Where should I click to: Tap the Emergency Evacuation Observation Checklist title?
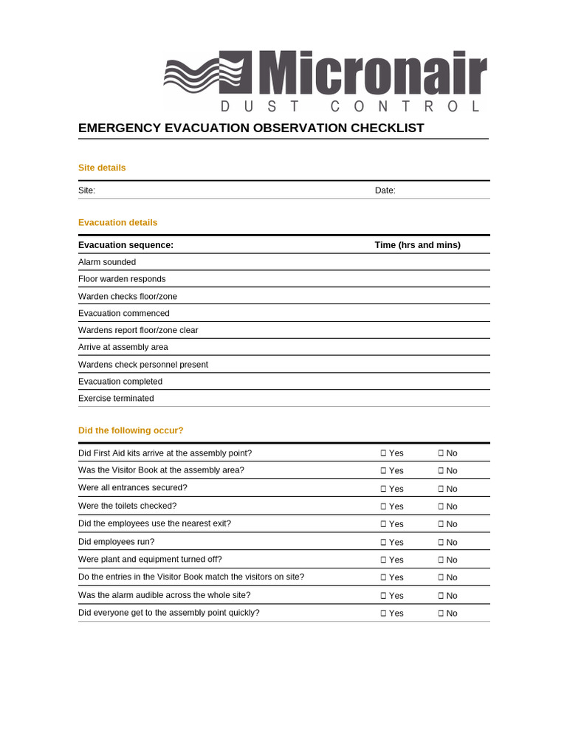tap(251, 128)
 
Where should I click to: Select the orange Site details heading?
tap(102, 168)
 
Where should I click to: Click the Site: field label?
tap(86, 190)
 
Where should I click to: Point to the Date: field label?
tap(385, 190)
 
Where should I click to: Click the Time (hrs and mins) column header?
tap(417, 245)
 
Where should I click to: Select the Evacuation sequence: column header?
tap(126, 245)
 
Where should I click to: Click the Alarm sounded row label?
tap(107, 262)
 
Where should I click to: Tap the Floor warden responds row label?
tap(122, 279)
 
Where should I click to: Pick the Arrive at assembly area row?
tap(123, 347)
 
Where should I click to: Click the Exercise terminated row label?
tap(116, 399)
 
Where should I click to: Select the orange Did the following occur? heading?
tap(131, 430)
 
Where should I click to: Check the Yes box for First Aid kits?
tap(383, 453)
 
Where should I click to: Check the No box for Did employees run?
tap(441, 542)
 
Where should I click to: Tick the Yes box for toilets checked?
tap(383, 506)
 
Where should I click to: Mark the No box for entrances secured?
tap(441, 489)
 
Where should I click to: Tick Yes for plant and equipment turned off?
tap(383, 560)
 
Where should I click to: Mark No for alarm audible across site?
tap(441, 596)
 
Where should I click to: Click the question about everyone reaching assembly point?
tap(168, 613)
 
